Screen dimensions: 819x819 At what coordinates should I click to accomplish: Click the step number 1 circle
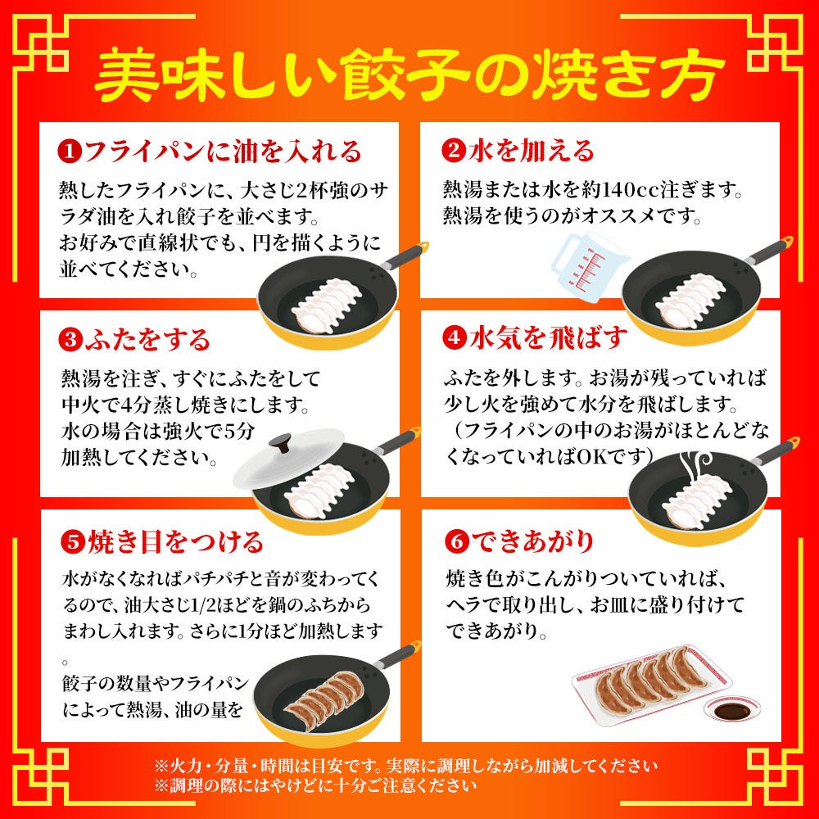pos(70,152)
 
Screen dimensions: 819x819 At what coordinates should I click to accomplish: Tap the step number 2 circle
pos(453,151)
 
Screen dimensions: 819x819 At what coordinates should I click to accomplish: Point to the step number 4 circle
pos(453,337)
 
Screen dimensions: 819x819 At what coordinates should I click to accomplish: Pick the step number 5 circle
pos(70,541)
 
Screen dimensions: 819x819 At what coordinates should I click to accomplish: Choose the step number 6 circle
pos(453,541)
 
